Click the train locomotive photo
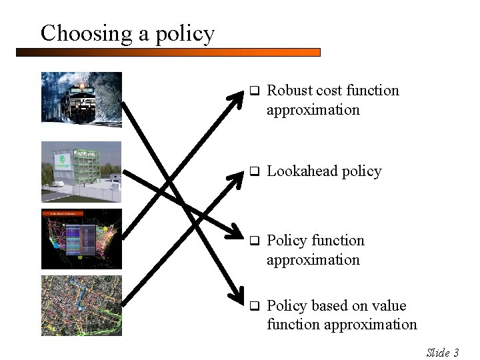pyautogui.click(x=81, y=99)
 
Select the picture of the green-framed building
pyautogui.click(x=81, y=171)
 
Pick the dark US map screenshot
pyautogui.click(x=81, y=239)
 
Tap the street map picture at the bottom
pyautogui.click(x=81, y=305)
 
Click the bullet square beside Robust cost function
pyautogui.click(x=253, y=91)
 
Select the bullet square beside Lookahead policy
pyautogui.click(x=253, y=172)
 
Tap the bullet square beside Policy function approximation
pyautogui.click(x=253, y=241)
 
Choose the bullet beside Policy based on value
pyautogui.click(x=253, y=306)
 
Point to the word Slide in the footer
pyautogui.click(x=437, y=353)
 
